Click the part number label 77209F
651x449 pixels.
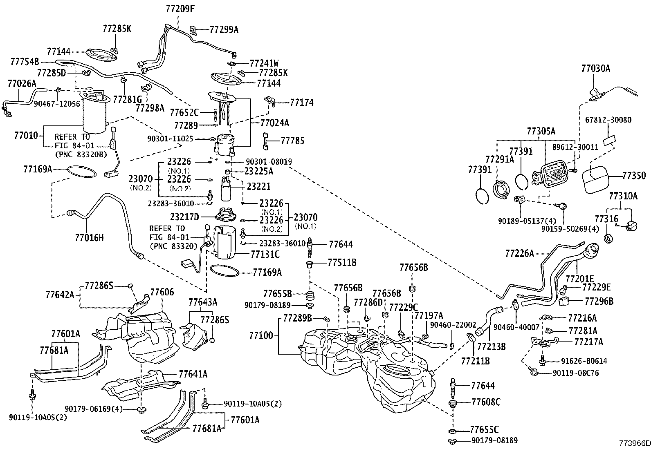pos(180,8)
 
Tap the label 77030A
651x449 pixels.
pos(595,69)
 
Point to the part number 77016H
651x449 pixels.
pos(90,237)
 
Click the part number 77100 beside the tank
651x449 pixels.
pos(261,335)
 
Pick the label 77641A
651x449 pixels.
pos(193,374)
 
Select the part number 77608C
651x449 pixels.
pos(486,402)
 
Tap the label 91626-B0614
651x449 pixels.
pos(584,361)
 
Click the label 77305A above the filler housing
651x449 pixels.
pos(541,131)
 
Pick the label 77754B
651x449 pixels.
pos(25,62)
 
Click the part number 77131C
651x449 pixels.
pos(265,255)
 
